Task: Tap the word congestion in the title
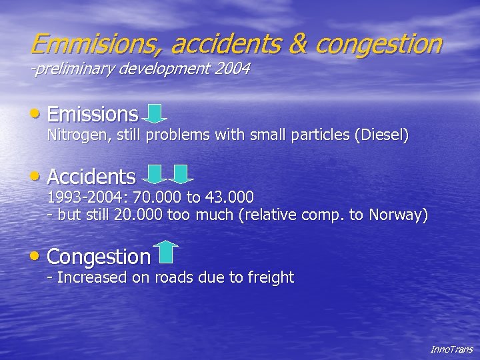[x=378, y=44]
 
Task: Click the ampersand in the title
[x=298, y=44]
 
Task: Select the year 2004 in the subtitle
[x=232, y=69]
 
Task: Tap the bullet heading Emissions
[x=93, y=114]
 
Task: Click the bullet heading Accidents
[x=91, y=177]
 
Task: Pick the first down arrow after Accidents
[x=155, y=175]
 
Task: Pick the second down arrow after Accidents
[x=180, y=175]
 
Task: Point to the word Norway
[x=397, y=215]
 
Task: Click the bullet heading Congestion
[x=99, y=257]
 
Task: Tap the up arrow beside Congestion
[x=167, y=252]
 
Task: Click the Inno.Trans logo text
[x=451, y=349]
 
